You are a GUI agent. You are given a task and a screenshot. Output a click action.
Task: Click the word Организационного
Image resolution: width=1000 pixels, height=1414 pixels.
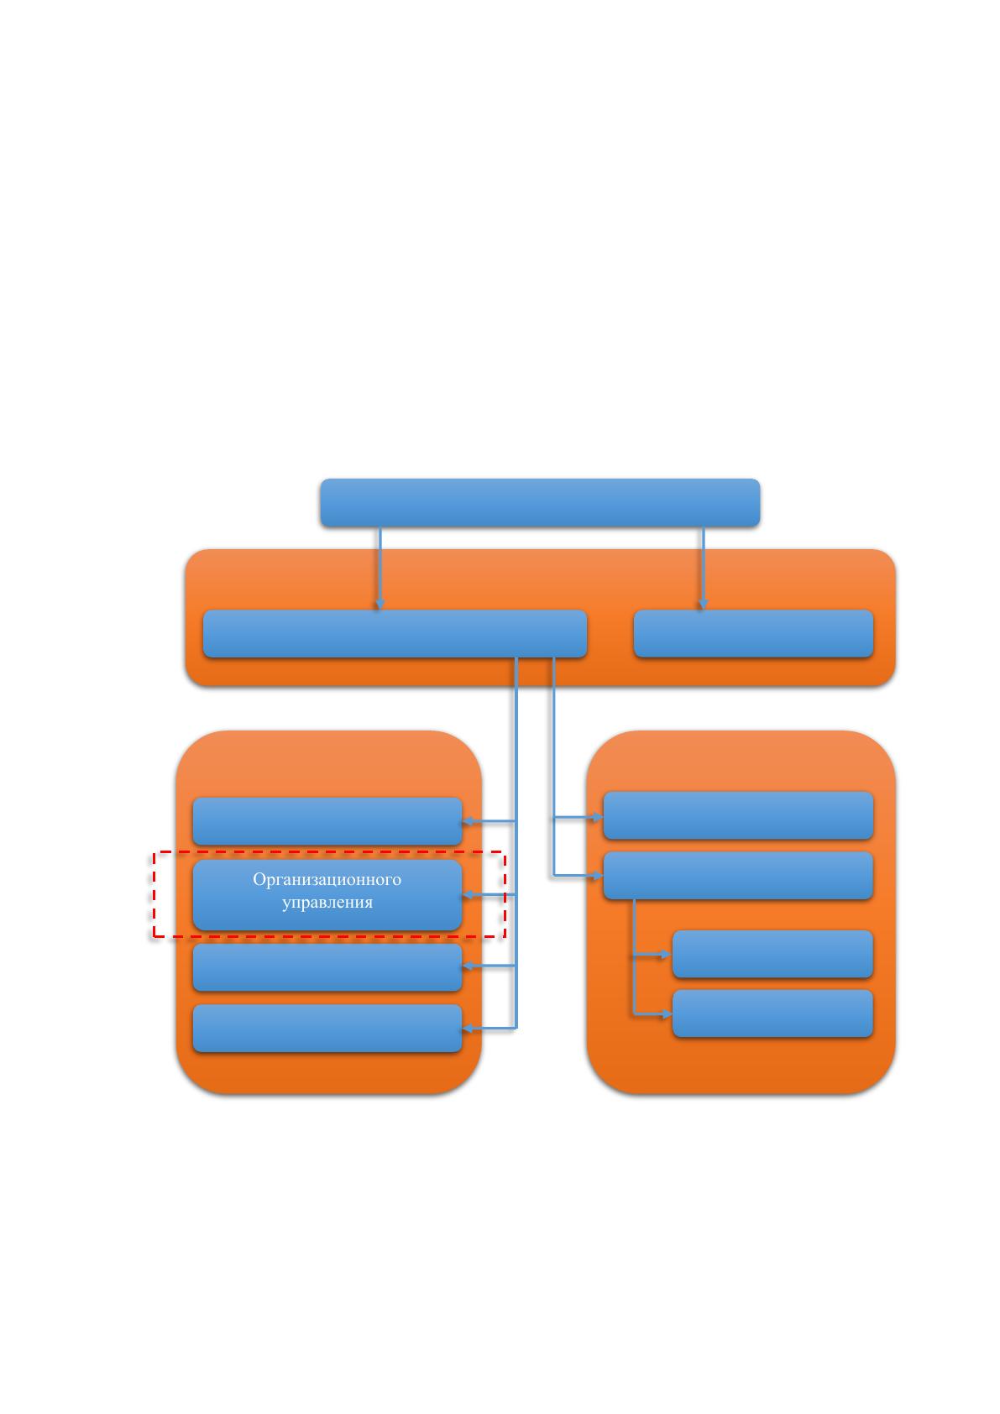coord(327,879)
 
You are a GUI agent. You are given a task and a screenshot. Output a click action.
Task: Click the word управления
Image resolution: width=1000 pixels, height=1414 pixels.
coord(327,903)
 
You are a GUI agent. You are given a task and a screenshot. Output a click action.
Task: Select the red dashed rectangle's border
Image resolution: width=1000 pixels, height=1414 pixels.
coord(154,894)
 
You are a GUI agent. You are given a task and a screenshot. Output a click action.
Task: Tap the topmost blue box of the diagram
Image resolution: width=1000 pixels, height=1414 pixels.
coord(540,502)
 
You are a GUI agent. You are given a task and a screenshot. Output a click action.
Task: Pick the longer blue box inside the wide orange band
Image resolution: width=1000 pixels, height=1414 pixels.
coord(395,633)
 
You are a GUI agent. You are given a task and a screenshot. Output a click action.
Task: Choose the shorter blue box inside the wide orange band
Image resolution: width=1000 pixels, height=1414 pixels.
coord(753,633)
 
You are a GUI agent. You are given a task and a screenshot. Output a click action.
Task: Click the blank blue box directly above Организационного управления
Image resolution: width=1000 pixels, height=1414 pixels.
coord(327,820)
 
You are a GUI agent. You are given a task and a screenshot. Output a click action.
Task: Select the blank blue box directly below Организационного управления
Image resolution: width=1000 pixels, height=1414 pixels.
coord(327,967)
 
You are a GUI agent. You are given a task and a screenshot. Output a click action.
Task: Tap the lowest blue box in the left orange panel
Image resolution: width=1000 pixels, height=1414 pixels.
coord(327,1029)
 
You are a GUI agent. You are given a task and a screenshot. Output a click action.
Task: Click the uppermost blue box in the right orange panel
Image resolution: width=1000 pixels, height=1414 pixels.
coord(738,815)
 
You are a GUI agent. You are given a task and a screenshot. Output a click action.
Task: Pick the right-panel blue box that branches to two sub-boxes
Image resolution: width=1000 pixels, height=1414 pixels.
coord(738,876)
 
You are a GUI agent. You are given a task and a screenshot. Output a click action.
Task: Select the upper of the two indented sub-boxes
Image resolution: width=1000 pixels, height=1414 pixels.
coord(772,954)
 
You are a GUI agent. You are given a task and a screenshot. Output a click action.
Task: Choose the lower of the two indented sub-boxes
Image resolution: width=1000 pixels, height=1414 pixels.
coord(772,1013)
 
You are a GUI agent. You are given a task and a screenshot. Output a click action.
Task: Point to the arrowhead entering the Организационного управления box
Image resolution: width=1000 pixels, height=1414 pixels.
coord(468,894)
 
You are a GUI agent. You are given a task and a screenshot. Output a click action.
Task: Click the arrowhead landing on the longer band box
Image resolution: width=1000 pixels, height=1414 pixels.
coord(380,604)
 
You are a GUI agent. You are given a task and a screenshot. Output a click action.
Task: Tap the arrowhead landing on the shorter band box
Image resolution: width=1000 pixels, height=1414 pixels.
coord(703,604)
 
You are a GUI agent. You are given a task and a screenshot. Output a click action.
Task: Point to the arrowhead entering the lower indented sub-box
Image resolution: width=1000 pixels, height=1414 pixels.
coord(667,1013)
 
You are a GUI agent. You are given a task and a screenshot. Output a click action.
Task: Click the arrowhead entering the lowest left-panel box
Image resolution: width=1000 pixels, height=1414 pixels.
coord(468,1029)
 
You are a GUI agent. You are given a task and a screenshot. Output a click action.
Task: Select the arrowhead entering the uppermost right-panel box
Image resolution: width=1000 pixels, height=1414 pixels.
coord(598,818)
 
